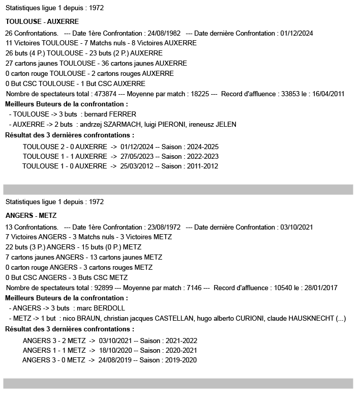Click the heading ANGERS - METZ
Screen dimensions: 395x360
[31, 215]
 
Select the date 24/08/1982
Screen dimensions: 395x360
[164, 33]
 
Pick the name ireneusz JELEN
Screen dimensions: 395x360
[214, 124]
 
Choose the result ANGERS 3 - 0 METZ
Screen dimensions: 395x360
[54, 360]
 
